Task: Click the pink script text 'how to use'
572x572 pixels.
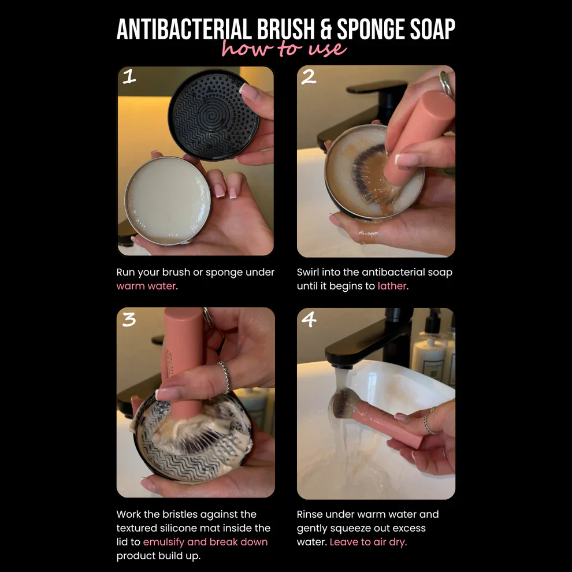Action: [284, 49]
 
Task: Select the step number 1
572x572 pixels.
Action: [129, 76]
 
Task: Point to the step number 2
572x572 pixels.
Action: [309, 77]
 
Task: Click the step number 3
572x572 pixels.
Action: [129, 319]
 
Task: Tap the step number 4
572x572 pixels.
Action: [309, 320]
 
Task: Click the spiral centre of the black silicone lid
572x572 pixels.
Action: [213, 116]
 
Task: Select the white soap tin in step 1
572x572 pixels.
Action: [168, 200]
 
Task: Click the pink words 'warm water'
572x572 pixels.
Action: [146, 286]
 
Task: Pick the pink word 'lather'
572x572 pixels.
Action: [392, 286]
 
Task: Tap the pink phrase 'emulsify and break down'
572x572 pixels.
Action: [205, 542]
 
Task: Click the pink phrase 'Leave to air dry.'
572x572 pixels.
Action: [368, 542]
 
